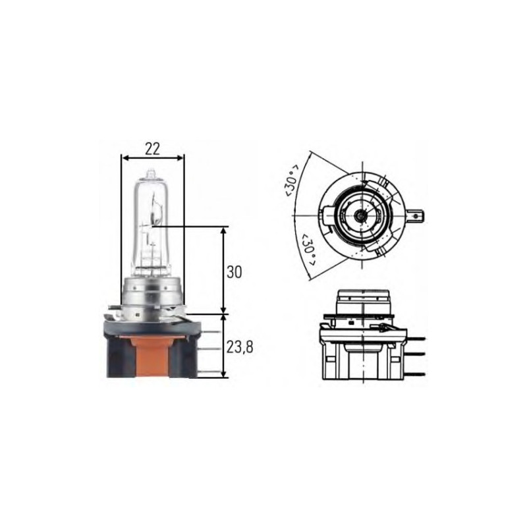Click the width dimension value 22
[153, 149]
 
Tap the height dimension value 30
[234, 271]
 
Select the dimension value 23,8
[239, 347]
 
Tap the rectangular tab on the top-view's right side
[416, 215]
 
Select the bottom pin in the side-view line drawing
[416, 373]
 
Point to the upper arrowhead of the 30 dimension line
[224, 231]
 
